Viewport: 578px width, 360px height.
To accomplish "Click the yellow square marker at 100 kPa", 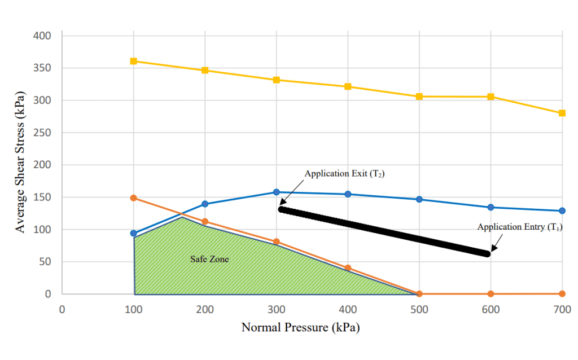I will [x=134, y=61].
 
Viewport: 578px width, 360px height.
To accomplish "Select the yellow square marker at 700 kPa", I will [x=562, y=113].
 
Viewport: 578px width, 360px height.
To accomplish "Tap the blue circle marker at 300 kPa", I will [x=277, y=192].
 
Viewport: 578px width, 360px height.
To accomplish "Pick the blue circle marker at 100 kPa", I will [x=134, y=233].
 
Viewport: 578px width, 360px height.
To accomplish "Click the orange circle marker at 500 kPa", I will [x=419, y=294].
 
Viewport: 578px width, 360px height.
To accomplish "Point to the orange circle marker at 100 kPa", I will [x=134, y=198].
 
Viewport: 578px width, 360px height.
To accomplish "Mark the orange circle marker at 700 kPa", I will [x=562, y=294].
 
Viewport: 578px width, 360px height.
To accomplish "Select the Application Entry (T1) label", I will [x=520, y=227].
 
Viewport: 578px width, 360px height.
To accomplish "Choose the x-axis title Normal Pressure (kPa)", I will [x=300, y=327].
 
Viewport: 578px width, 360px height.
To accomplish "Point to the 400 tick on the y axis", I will [x=43, y=36].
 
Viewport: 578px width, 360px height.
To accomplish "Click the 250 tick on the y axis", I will [x=43, y=133].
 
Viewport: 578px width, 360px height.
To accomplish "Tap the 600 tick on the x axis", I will [x=491, y=309].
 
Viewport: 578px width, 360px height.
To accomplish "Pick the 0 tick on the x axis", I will [x=62, y=309].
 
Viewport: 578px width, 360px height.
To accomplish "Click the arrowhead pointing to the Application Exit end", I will [x=282, y=202].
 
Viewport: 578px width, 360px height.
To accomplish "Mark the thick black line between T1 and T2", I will [x=384, y=231].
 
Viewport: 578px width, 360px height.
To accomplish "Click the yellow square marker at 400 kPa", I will [x=348, y=87].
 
